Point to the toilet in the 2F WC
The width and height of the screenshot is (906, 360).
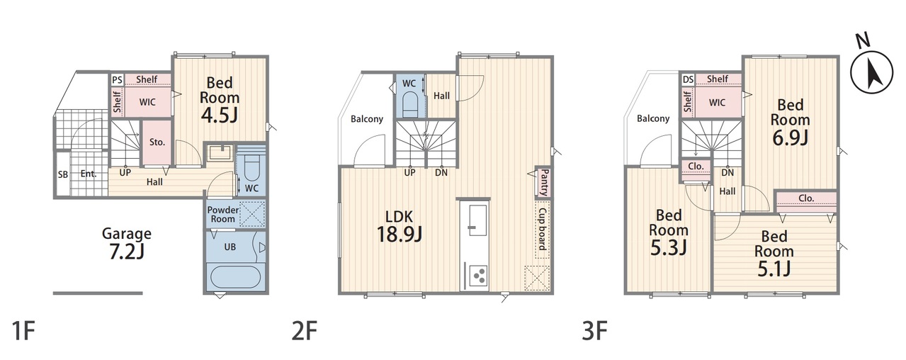point(410,103)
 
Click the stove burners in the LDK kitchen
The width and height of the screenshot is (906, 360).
point(478,276)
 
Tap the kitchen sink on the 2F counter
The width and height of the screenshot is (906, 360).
point(475,219)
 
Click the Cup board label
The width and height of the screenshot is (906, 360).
point(543,229)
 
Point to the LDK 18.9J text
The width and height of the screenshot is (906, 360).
point(400,226)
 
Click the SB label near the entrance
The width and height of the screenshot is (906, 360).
point(63,175)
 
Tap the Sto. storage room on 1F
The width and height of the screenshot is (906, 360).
point(157,142)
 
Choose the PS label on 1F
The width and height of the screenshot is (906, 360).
point(117,79)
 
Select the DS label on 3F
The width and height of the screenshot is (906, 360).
point(688,79)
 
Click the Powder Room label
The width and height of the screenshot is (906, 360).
point(223,215)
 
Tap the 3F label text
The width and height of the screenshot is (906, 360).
point(594,330)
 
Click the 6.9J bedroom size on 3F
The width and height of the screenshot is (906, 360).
point(790,138)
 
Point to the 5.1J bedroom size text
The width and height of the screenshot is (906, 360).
point(774,269)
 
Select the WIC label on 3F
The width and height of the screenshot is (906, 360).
point(717,103)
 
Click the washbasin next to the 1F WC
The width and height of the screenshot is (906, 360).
point(220,152)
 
